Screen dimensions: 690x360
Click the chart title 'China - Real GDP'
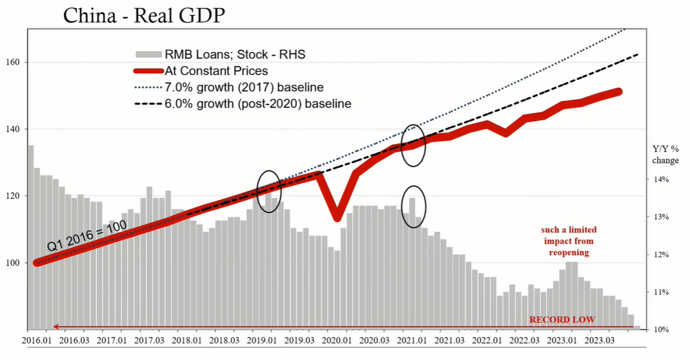pos(144,15)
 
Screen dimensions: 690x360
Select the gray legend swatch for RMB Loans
pos(149,54)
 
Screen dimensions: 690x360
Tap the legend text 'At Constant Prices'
pos(216,71)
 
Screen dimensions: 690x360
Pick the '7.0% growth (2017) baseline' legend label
pos(244,87)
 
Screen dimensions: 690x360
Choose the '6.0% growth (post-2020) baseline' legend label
pos(258,104)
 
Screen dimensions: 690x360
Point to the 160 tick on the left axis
pos(12,62)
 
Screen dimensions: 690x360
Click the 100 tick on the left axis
pos(12,263)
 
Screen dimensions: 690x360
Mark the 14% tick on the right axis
pos(661,179)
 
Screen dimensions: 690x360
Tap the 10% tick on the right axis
pos(661,330)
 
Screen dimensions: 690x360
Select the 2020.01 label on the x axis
pos(337,340)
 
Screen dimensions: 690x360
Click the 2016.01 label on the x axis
pos(36,340)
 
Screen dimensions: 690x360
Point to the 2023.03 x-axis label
pos(600,340)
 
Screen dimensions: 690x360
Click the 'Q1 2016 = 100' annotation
pos(87,236)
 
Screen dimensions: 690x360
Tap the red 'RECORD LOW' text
pos(562,320)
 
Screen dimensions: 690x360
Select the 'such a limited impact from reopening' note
pos(569,241)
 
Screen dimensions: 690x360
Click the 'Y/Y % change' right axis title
pos(665,155)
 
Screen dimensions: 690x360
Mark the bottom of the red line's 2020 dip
pos(337,218)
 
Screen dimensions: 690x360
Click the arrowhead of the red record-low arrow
pos(55,327)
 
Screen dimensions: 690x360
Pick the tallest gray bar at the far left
pos(31,237)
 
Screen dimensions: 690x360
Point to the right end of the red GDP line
pos(619,91)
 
